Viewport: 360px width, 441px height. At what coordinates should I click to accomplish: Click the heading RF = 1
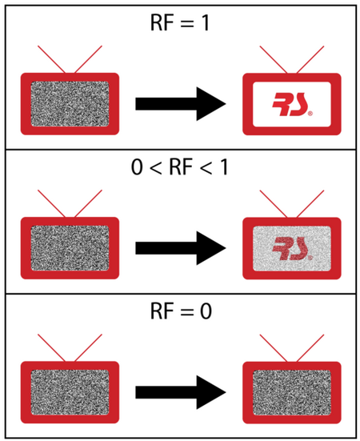tap(180, 23)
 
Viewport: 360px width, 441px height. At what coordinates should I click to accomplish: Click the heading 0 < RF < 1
tap(179, 167)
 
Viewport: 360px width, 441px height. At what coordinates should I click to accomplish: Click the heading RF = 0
tap(181, 311)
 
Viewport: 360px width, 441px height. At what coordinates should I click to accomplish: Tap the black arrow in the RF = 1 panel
tap(181, 104)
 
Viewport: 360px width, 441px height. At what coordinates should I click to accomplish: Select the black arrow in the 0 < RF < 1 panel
tap(181, 248)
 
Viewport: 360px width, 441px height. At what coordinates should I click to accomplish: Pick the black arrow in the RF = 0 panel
tap(181, 392)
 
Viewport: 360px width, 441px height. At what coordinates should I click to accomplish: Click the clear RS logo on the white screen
tap(292, 104)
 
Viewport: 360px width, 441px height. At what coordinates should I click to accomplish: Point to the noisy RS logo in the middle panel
tap(292, 249)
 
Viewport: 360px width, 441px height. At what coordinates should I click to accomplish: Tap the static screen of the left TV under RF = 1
tap(70, 104)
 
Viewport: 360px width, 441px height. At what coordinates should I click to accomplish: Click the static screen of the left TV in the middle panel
tap(70, 248)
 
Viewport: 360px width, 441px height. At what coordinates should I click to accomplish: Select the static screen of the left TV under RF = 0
tap(70, 392)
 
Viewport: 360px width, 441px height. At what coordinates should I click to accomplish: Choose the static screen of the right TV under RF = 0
tap(292, 393)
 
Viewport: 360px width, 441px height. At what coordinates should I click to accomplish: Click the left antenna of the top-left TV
tap(52, 59)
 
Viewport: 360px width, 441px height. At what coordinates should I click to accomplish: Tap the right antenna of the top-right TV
tap(310, 59)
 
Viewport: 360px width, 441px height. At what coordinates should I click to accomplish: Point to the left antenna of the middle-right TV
tap(274, 204)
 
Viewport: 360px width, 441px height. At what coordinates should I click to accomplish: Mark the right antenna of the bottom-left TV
tap(88, 347)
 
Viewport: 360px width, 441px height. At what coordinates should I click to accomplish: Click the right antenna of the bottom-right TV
tap(310, 348)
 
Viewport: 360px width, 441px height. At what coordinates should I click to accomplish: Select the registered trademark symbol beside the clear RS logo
tap(310, 114)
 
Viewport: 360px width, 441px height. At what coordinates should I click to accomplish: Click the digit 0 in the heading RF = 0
tap(206, 311)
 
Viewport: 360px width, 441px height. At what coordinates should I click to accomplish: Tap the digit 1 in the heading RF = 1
tap(206, 23)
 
